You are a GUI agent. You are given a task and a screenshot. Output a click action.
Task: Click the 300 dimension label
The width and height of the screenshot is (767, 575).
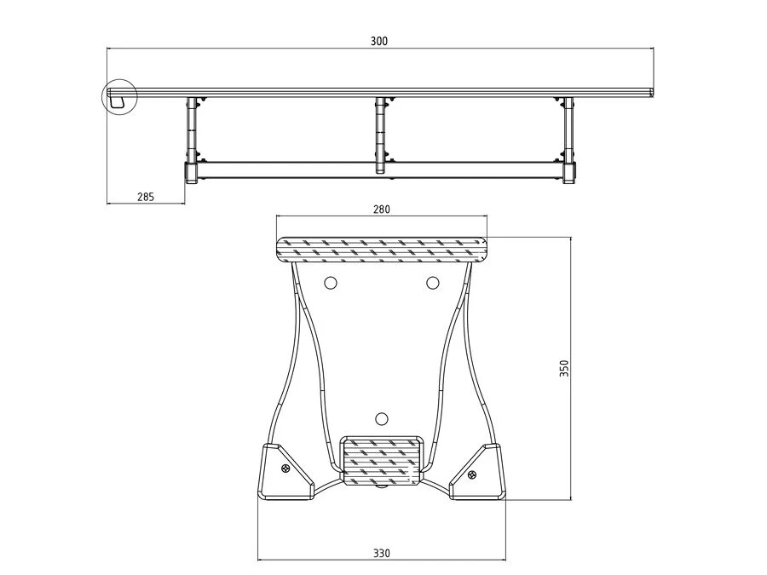[x=378, y=41]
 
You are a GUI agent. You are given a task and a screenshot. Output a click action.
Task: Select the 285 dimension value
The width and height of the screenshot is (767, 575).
[x=146, y=197]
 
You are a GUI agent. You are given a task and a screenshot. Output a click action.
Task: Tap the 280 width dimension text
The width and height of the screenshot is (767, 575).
[x=382, y=210]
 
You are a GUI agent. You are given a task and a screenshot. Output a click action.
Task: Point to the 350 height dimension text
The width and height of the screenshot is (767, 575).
[x=564, y=368]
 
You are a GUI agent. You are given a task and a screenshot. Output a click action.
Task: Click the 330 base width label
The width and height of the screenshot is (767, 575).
[x=382, y=553]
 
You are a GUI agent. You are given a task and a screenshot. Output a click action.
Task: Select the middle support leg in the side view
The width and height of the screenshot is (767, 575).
[x=380, y=135]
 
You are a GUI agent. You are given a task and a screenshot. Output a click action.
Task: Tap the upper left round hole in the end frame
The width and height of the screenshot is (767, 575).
[x=331, y=283]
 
